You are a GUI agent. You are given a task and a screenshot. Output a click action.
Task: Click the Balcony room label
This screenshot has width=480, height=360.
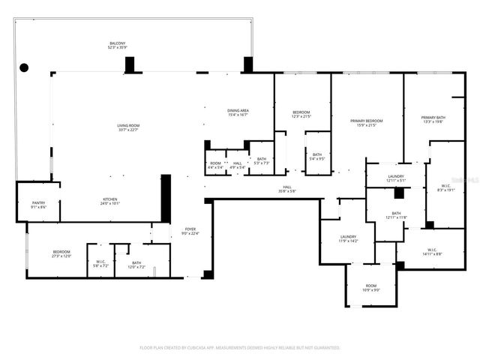pyautogui.click(x=117, y=46)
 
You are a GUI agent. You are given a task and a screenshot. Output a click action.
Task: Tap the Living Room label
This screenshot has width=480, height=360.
pyautogui.click(x=128, y=127)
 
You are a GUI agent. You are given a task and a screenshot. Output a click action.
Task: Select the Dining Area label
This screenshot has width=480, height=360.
pyautogui.click(x=238, y=112)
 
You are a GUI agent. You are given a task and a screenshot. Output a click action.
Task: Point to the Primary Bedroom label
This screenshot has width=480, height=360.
pyautogui.click(x=367, y=122)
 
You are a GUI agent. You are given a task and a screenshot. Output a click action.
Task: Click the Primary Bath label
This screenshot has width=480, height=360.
pyautogui.click(x=433, y=119)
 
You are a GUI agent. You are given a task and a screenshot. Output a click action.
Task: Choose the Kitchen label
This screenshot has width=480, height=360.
pyautogui.click(x=110, y=201)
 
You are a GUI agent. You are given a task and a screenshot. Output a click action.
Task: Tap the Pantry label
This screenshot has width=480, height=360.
pyautogui.click(x=38, y=205)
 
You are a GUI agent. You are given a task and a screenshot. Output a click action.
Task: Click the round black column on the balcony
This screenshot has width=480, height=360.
pyautogui.click(x=24, y=67)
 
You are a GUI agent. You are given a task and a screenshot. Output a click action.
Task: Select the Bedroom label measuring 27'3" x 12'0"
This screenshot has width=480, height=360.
pyautogui.click(x=61, y=253)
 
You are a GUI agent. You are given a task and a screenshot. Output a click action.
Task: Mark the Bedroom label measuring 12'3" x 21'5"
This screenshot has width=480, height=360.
pyautogui.click(x=301, y=114)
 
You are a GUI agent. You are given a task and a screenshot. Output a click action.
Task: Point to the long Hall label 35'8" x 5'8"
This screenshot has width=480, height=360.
pyautogui.click(x=287, y=189)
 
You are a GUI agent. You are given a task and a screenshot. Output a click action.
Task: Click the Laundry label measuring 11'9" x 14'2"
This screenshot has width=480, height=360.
pyautogui.click(x=348, y=238)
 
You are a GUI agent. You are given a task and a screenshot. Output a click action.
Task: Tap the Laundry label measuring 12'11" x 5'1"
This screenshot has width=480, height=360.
pyautogui.click(x=395, y=178)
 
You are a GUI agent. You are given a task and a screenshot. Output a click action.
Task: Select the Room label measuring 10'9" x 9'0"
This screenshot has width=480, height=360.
pyautogui.click(x=370, y=287)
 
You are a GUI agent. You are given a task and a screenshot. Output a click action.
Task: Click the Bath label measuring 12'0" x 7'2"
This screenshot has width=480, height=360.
pyautogui.click(x=136, y=265)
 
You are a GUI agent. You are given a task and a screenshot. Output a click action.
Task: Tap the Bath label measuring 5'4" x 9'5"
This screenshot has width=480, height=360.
pyautogui.click(x=316, y=157)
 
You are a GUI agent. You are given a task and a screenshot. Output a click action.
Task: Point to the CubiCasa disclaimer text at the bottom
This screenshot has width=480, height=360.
pyautogui.click(x=240, y=348)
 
